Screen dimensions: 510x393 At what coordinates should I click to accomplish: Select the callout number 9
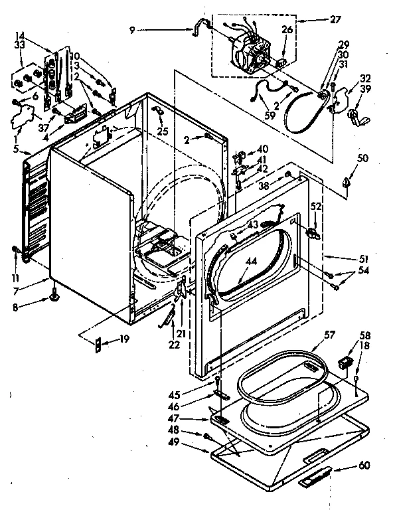coord(133,29)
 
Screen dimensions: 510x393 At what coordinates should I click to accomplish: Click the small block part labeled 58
coord(345,362)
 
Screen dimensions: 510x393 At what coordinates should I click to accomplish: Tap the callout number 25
coord(162,130)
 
